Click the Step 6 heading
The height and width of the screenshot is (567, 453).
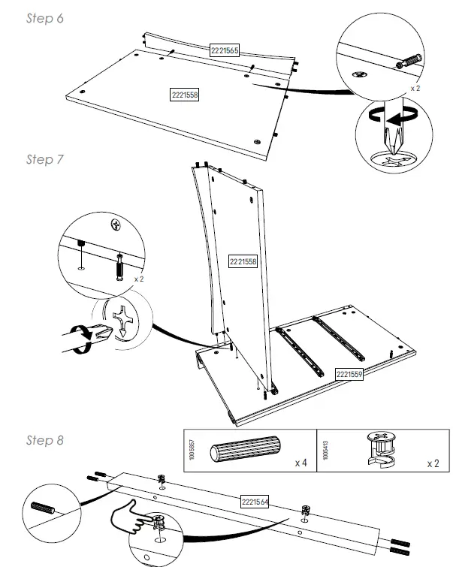pyautogui.click(x=44, y=19)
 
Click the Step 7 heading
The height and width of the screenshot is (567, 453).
pyautogui.click(x=44, y=159)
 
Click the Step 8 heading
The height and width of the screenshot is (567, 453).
pyautogui.click(x=44, y=440)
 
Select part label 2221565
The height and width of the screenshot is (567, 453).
pyautogui.click(x=224, y=50)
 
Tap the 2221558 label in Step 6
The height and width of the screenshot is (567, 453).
pyautogui.click(x=185, y=95)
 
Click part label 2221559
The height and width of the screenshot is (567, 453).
pyautogui.click(x=349, y=373)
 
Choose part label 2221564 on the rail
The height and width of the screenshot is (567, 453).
pyautogui.click(x=255, y=502)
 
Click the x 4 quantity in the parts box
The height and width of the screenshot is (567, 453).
pyautogui.click(x=302, y=463)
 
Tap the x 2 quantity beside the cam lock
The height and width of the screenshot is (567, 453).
pyautogui.click(x=433, y=463)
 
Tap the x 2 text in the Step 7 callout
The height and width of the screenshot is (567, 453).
pyautogui.click(x=138, y=279)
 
